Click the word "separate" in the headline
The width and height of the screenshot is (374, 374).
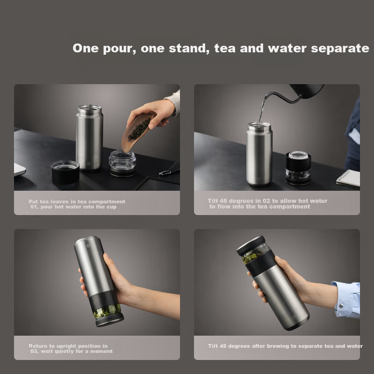[x=340, y=49]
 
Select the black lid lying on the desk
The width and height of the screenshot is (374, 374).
[x=65, y=172]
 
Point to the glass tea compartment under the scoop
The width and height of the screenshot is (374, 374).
[x=122, y=163]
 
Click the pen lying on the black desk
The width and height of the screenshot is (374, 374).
[x=169, y=172]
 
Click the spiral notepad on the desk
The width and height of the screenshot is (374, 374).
[x=348, y=178]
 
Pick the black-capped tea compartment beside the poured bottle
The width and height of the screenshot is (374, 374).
[x=298, y=168]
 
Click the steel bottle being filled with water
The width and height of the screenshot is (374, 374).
[x=259, y=154]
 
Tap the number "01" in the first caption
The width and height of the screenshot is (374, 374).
[x=34, y=207]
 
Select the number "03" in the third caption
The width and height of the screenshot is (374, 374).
[x=34, y=351]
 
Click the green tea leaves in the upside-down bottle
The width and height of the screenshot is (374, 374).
[x=107, y=311]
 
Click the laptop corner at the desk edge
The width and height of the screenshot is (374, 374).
[x=20, y=169]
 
